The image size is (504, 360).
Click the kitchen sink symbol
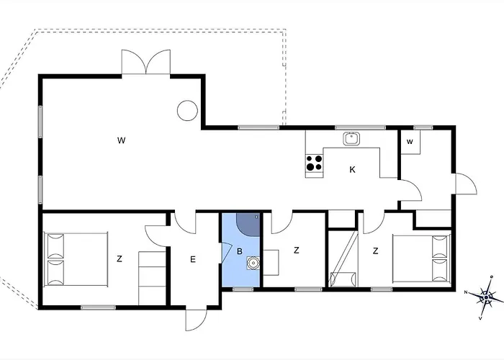[x=352, y=139]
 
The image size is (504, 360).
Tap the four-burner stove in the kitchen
[x=314, y=163]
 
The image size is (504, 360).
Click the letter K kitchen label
[x=352, y=170]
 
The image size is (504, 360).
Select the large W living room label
[x=121, y=140]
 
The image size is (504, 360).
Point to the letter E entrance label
[x=192, y=259]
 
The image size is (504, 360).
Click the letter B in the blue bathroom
[x=240, y=251]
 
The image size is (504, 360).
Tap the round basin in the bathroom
[x=253, y=263]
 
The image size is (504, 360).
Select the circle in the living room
[x=187, y=110]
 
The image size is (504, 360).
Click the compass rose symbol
[x=486, y=297]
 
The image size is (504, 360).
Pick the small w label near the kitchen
[x=410, y=142]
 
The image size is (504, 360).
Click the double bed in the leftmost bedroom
[x=76, y=259]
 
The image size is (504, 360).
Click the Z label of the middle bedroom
[x=297, y=250]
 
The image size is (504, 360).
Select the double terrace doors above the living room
[x=146, y=63]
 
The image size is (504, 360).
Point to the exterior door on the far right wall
[x=466, y=184]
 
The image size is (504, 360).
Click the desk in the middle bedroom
[x=271, y=262]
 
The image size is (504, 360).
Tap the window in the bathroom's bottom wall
[x=243, y=289]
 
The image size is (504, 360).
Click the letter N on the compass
[x=466, y=292]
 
